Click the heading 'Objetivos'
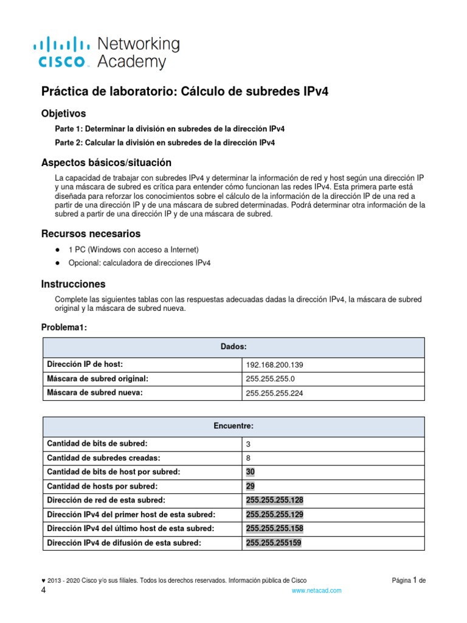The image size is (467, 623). (63, 114)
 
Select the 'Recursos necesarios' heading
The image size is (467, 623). (91, 234)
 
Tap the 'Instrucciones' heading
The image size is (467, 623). (73, 284)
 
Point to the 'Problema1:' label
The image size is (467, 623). (64, 327)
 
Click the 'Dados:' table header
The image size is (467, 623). (233, 347)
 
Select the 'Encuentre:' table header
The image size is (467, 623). (233, 426)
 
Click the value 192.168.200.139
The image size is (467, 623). (274, 365)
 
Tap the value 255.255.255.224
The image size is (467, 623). (274, 393)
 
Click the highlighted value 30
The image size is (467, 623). (251, 472)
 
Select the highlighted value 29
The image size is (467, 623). (251, 486)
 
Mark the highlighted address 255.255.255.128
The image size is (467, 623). (274, 500)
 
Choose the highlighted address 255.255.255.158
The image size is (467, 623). (274, 528)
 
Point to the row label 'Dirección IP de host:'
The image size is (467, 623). (85, 364)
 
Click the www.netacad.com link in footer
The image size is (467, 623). (316, 591)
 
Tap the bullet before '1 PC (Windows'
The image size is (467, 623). (57, 250)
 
